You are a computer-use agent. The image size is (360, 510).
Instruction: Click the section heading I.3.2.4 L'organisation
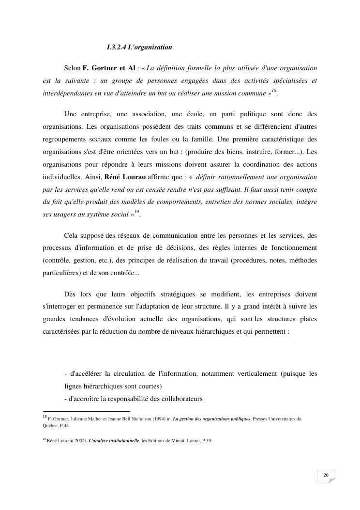(139, 47)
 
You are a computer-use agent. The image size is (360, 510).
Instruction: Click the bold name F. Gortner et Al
(109, 67)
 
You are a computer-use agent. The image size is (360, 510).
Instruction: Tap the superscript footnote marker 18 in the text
(274, 91)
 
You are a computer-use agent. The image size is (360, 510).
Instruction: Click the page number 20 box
(326, 476)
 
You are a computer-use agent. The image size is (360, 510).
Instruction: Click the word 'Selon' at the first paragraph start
(72, 67)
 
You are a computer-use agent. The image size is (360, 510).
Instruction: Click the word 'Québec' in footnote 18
(49, 426)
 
